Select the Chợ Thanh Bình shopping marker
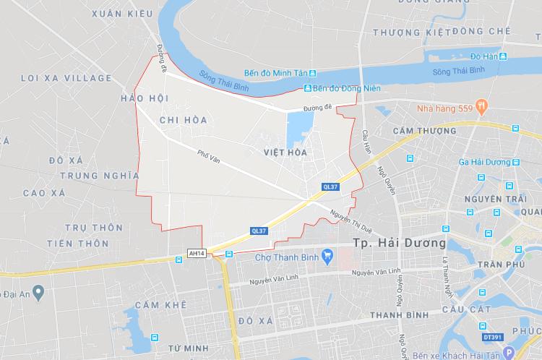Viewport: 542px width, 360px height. (x=327, y=254)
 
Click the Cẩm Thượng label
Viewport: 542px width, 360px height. (x=424, y=131)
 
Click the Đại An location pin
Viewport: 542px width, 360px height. (x=39, y=291)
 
